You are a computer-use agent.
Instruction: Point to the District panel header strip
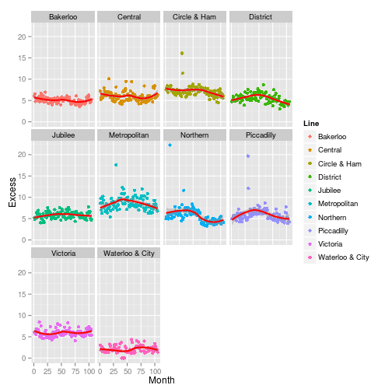pos(261,17)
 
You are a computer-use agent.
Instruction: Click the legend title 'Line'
pos(309,121)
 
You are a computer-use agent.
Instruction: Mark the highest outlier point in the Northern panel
pos(170,145)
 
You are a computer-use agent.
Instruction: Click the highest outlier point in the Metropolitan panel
pos(115,165)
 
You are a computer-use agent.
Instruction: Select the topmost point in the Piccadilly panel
pos(247,156)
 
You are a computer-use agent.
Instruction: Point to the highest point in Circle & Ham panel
pos(181,54)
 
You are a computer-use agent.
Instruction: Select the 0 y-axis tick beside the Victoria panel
pos(26,358)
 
